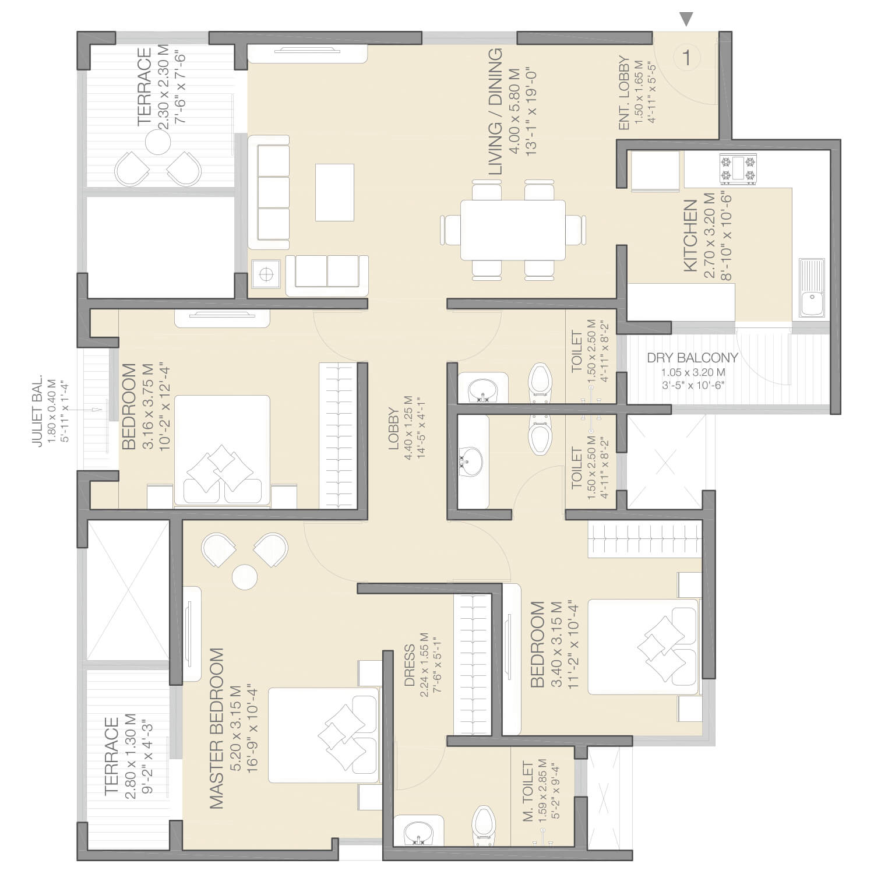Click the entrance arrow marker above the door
tap(687, 19)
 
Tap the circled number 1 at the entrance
tap(687, 58)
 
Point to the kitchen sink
tap(811, 288)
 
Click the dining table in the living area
tap(513, 230)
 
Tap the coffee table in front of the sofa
tap(334, 192)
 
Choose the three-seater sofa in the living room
tap(269, 192)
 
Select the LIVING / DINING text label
tap(495, 112)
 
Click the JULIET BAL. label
tap(37, 411)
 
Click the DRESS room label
tap(410, 665)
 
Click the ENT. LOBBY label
tap(623, 93)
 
